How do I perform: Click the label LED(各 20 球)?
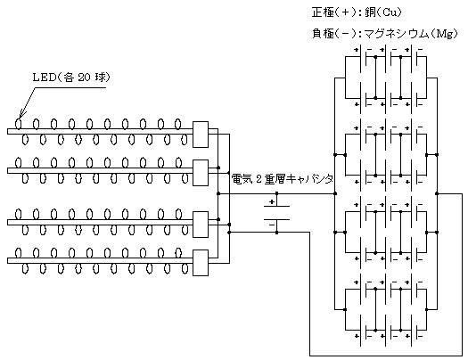pyautogui.click(x=71, y=78)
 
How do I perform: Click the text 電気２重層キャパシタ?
pyautogui.click(x=283, y=179)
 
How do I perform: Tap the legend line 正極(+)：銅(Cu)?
pyautogui.click(x=357, y=12)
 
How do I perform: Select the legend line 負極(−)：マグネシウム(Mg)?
pyautogui.click(x=385, y=34)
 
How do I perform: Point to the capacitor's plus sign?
pyautogui.click(x=272, y=202)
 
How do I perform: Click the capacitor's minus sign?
pyautogui.click(x=272, y=225)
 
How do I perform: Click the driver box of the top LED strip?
pyautogui.click(x=201, y=135)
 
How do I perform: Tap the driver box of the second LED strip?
pyautogui.click(x=201, y=173)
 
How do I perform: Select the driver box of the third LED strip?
pyautogui.click(x=201, y=225)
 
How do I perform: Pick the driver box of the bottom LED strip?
pyautogui.click(x=201, y=263)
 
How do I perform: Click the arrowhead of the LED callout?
pyautogui.click(x=21, y=118)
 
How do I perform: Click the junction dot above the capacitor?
pyautogui.click(x=276, y=193)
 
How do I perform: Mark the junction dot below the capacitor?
pyautogui.click(x=276, y=233)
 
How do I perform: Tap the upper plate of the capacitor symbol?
pyautogui.click(x=276, y=206)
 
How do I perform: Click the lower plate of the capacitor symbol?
pyautogui.click(x=276, y=219)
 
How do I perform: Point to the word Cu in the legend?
pyautogui.click(x=389, y=12)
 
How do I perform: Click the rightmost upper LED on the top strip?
pyautogui.click(x=178, y=124)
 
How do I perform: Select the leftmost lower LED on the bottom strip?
pyautogui.click(x=25, y=269)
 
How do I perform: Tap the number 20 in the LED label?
pyautogui.click(x=84, y=78)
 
